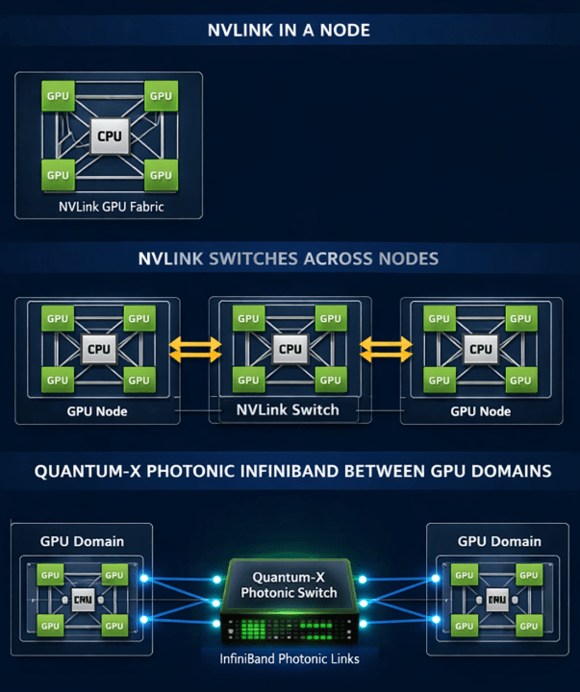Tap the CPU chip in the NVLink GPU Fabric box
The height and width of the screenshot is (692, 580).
coord(110,136)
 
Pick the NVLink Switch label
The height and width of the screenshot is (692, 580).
coord(290,409)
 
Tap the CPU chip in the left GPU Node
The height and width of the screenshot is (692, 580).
coord(99,349)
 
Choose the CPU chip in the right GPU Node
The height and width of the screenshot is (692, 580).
coord(480,349)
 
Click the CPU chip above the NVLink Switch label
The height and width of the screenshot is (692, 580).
coord(290,349)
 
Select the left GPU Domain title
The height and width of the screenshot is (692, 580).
coord(82,541)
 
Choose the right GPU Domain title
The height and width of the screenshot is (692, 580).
coord(499,541)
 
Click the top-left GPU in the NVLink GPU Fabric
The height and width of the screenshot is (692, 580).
coord(58,96)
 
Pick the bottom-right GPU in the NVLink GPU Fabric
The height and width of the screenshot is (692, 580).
coord(161,175)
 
